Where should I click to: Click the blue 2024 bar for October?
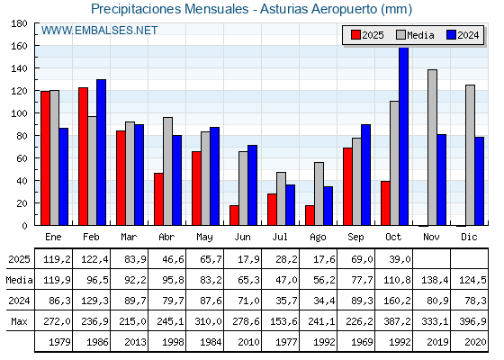(404, 137)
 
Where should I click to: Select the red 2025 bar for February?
(83, 157)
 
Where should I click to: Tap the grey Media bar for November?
(433, 148)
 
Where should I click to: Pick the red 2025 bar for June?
(234, 216)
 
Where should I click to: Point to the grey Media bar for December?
(470, 156)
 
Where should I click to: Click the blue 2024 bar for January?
(63, 177)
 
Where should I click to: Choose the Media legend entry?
(413, 35)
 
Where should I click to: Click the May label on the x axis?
(206, 236)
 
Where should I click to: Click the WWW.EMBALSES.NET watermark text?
(99, 31)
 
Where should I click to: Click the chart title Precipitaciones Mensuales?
(252, 9)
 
